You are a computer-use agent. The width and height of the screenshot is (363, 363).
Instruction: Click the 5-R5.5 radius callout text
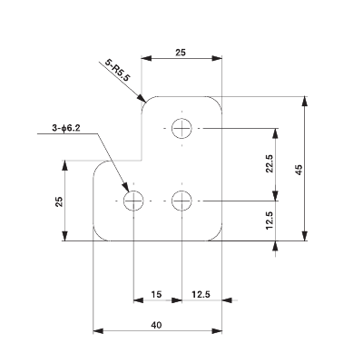(118, 71)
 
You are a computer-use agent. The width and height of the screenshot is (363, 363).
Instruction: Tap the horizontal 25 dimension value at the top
(180, 54)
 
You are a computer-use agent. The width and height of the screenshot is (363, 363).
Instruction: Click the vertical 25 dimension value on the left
(58, 201)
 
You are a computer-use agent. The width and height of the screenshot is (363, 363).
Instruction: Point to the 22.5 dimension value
(269, 163)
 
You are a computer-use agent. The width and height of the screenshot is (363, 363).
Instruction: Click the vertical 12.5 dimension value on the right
(270, 221)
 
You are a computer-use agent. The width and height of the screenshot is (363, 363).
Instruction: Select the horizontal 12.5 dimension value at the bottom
(201, 294)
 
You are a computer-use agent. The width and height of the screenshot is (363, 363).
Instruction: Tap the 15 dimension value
(157, 294)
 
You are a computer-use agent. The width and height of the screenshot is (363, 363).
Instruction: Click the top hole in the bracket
(183, 128)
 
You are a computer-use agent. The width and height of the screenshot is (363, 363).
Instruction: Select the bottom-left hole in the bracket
(134, 200)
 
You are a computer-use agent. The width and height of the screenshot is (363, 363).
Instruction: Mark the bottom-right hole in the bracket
(183, 200)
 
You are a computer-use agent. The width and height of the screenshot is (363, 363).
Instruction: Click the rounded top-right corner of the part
(217, 101)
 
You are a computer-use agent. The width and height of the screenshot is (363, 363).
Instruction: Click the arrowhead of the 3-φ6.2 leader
(126, 189)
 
